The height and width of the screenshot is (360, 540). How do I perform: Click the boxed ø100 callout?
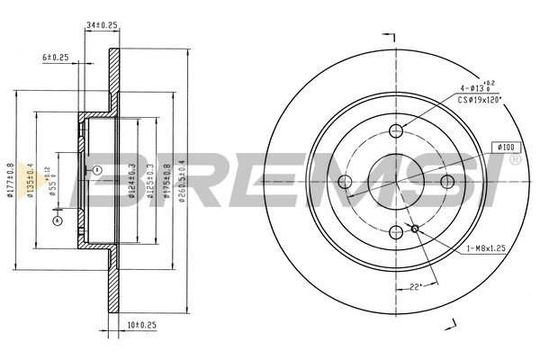click(x=504, y=147)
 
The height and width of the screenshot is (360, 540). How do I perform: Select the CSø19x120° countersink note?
click(x=479, y=101)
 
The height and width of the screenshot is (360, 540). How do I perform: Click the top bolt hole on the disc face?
click(x=397, y=131)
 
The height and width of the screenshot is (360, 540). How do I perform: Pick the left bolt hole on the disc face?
click(x=346, y=183)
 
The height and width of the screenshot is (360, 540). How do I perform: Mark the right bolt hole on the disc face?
click(x=447, y=183)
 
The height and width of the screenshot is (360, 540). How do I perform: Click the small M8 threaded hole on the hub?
click(x=414, y=229)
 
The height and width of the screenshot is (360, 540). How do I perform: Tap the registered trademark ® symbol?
click(x=514, y=160)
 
